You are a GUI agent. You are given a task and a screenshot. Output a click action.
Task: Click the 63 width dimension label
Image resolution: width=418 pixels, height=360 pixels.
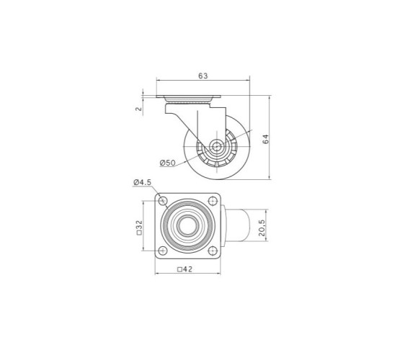tap(203, 76)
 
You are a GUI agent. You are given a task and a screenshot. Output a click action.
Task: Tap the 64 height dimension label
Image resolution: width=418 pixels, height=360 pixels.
tap(266, 139)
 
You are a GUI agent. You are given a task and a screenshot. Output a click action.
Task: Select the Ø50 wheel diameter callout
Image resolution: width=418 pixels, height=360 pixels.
tap(168, 163)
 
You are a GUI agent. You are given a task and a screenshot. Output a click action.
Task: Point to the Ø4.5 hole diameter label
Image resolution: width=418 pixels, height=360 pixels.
tap(142, 182)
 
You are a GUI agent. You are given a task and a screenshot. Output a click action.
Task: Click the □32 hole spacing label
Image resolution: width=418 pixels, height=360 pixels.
tap(139, 228)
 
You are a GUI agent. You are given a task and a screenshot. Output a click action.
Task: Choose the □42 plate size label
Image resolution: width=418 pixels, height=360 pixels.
tap(184, 269)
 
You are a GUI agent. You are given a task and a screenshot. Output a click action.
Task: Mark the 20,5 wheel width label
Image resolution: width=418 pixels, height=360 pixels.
tap(262, 228)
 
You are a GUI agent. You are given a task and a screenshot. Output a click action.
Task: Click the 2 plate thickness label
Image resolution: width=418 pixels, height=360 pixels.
tap(138, 109)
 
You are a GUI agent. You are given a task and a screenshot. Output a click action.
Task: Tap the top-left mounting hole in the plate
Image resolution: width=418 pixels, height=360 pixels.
tap(163, 201)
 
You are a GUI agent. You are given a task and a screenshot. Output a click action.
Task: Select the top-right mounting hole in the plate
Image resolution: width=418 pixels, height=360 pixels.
tap(213, 201)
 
